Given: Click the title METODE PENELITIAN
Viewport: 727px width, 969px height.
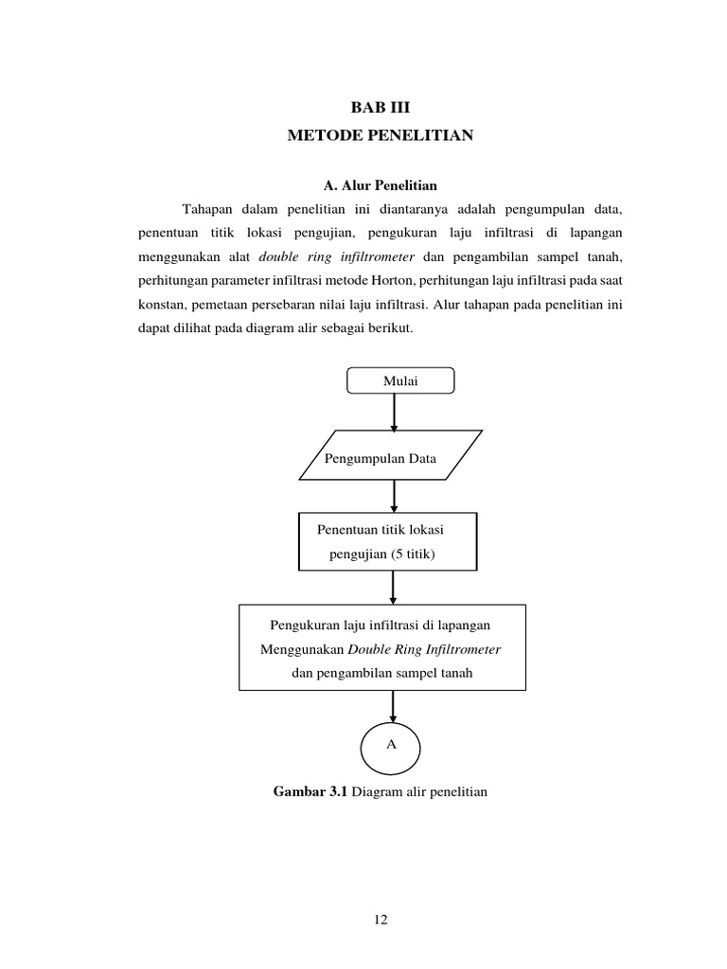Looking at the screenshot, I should coord(381,136).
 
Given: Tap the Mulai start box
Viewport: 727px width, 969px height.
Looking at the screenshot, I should coord(400,380).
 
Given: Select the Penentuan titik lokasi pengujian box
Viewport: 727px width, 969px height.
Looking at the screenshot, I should coord(388,541).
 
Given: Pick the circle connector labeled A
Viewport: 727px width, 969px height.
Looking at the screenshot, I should coord(391,745).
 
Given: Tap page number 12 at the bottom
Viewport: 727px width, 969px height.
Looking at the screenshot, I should coord(381,919).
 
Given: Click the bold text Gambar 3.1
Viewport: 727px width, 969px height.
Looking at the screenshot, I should coord(310,791).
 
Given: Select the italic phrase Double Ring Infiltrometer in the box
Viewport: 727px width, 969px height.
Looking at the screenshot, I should coord(424,650).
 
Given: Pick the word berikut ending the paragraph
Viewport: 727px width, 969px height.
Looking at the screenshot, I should coord(387,329).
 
